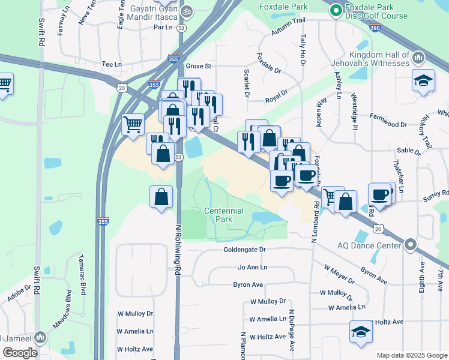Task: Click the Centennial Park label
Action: click(x=223, y=215)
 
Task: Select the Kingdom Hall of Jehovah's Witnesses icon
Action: click(x=418, y=58)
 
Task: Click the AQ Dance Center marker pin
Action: click(x=411, y=245)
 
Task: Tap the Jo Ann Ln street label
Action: click(x=252, y=267)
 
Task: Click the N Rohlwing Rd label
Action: click(x=178, y=258)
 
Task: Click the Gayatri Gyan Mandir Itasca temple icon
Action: click(x=187, y=11)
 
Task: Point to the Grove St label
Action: click(x=199, y=66)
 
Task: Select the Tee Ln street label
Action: click(x=112, y=64)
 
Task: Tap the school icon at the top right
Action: click(x=423, y=81)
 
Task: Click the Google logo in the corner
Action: click(x=20, y=353)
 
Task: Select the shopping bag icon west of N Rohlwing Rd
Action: click(x=161, y=197)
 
